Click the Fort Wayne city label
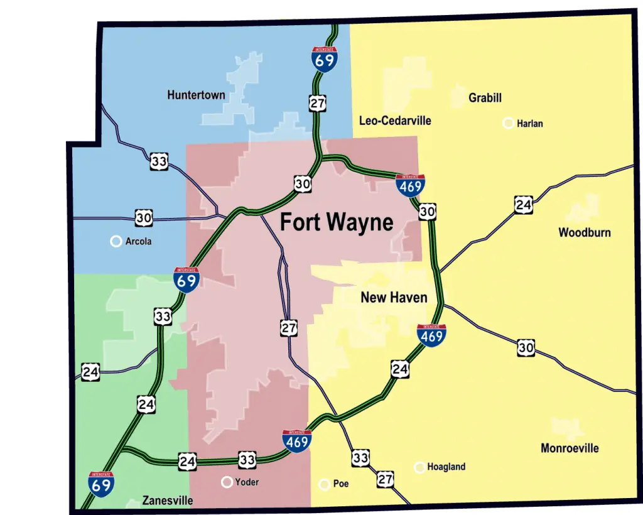337,222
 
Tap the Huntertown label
196,95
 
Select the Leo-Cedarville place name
395,120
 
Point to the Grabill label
485,98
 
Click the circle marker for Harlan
508,123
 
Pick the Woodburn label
584,232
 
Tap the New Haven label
394,297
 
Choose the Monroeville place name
570,448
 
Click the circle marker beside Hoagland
419,467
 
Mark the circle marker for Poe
325,484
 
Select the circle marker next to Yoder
227,482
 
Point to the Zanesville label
167,501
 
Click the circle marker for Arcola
116,241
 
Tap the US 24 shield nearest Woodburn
524,205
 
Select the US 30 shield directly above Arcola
144,218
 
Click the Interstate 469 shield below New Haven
431,335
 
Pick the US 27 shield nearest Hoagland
386,480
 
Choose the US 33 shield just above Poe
360,458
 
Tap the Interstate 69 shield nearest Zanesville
101,483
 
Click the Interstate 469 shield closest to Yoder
297,441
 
